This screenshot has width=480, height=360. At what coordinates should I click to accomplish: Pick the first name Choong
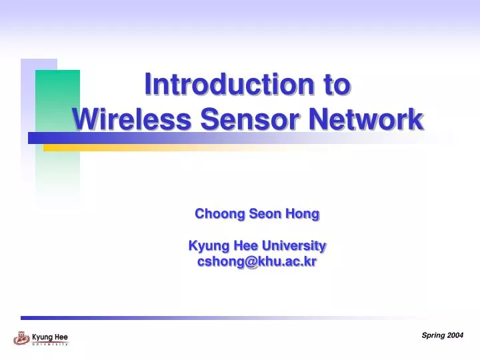[219, 214]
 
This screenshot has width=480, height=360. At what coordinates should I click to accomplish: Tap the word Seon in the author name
[265, 214]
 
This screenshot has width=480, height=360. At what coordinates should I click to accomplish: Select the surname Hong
[302, 214]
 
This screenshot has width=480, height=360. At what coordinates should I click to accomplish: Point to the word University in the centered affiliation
[293, 245]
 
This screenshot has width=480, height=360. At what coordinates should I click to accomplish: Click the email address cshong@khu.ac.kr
[257, 262]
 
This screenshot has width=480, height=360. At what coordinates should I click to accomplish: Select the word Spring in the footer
[434, 335]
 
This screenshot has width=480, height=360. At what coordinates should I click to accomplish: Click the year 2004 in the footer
[455, 335]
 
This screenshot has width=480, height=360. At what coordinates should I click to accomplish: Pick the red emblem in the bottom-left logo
[21, 338]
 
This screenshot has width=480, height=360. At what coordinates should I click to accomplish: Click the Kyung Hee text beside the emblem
[50, 337]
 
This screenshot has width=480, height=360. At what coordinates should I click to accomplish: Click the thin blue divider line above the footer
[200, 318]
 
